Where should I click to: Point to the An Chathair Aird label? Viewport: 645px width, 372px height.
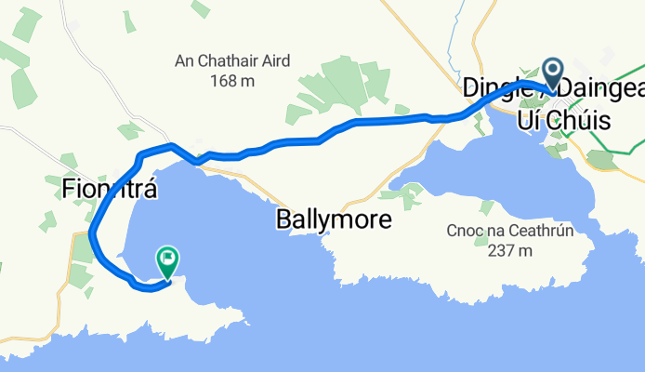tap(232, 61)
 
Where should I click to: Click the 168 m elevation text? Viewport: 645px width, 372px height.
tap(233, 81)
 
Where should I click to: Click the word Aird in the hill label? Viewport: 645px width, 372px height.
tap(274, 61)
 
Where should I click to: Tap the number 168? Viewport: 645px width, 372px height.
tap(223, 81)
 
